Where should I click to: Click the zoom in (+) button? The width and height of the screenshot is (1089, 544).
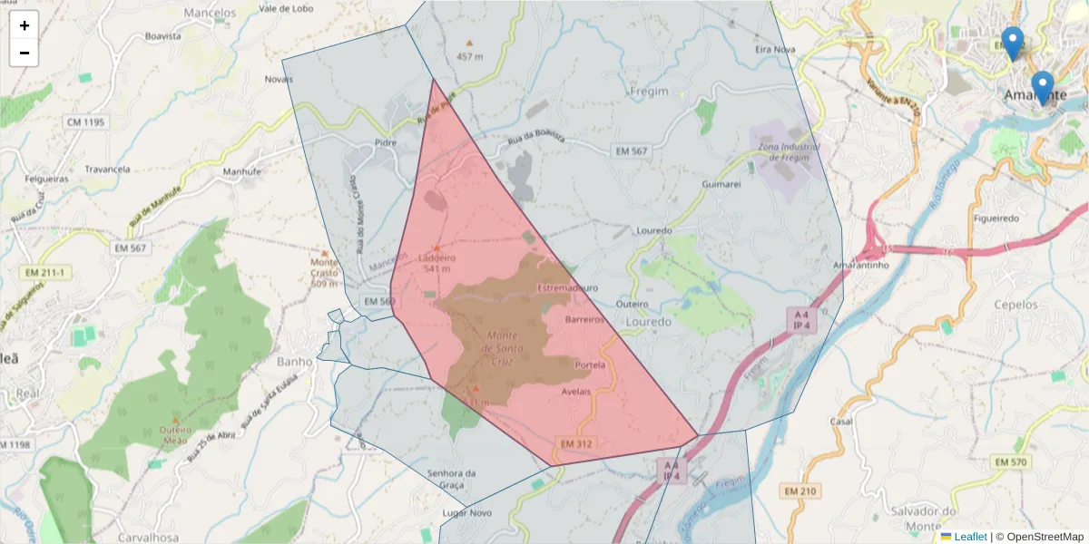[25, 25]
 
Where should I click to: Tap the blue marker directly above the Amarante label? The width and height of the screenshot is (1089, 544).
[1043, 87]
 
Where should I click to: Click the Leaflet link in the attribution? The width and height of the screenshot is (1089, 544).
[970, 537]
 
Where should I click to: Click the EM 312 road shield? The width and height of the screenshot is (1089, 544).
[576, 443]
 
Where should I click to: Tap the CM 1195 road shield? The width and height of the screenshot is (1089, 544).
[85, 121]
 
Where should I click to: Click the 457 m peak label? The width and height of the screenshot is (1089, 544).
[469, 56]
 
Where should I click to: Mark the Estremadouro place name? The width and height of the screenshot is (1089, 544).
[568, 287]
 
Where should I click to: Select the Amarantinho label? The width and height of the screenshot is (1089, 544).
[860, 265]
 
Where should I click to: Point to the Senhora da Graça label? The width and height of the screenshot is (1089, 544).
[451, 479]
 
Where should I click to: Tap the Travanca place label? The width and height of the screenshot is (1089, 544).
[107, 169]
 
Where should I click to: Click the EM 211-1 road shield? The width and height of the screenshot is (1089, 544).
[45, 272]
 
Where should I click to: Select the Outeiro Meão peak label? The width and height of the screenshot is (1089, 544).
[173, 434]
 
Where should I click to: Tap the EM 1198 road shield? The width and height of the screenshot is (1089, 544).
[15, 444]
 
